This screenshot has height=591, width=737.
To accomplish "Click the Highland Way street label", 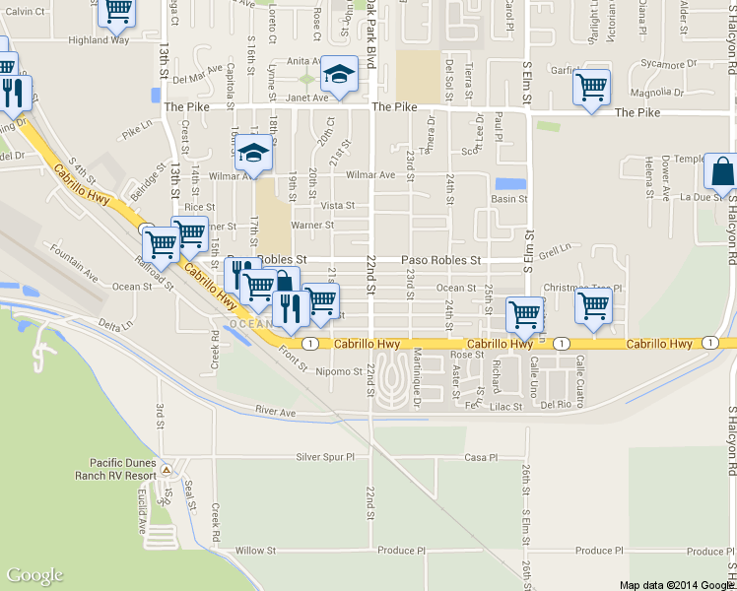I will (x=99, y=40).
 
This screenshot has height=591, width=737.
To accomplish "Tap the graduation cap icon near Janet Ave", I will (x=339, y=74).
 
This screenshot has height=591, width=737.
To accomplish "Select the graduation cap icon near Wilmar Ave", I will (x=253, y=153).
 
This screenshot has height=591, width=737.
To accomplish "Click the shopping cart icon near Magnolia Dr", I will (x=591, y=88).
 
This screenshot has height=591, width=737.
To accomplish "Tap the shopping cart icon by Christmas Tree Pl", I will (x=593, y=306).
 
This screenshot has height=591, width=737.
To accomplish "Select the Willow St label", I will (x=254, y=551).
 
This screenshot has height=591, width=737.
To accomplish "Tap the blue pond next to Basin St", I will (x=509, y=183).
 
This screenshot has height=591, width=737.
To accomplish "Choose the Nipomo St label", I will (x=339, y=371).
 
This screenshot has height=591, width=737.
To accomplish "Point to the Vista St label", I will (x=337, y=205).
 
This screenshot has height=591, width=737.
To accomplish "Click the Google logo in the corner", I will (x=35, y=576).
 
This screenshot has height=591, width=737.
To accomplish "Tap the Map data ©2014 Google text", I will (x=677, y=584).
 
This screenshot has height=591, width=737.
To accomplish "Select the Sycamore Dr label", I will (x=669, y=64).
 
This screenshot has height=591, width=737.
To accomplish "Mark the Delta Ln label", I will (x=114, y=325).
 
